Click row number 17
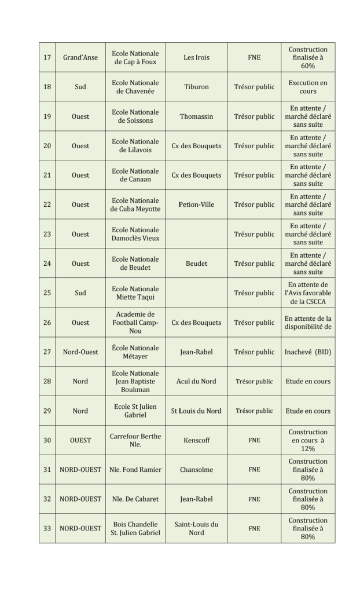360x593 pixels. tap(47, 57)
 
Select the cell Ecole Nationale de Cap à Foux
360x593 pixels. tap(135, 57)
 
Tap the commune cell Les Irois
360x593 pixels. tap(196, 57)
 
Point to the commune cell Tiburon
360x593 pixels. tap(196, 87)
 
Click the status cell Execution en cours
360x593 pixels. tap(308, 87)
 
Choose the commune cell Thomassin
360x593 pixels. tap(196, 116)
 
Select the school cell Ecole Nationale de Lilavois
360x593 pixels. tap(135, 146)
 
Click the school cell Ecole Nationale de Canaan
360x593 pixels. tap(135, 175)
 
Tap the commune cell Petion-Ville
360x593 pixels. tap(196, 204)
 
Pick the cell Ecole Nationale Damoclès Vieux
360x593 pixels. tap(135, 234)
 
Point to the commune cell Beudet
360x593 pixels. tap(196, 263)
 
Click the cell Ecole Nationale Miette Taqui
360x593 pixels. tap(135, 293)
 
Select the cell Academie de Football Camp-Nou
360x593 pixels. tap(135, 323)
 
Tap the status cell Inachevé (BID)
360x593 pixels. tap(308, 352)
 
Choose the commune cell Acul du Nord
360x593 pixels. tap(196, 381)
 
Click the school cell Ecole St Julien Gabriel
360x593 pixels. tap(135, 411)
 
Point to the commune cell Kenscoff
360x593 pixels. tap(196, 440)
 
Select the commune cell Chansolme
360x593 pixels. tap(196, 470)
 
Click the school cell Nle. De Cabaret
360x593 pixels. tap(135, 499)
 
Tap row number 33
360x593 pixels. tap(47, 528)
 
